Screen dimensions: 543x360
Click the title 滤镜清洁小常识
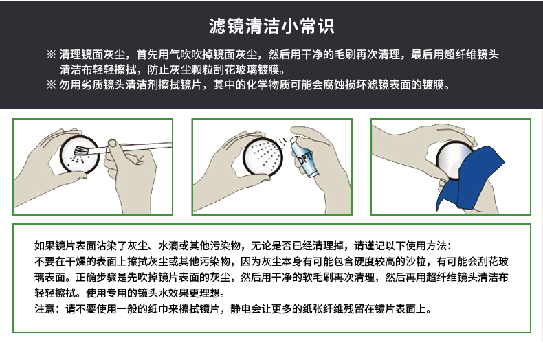click(x=271, y=26)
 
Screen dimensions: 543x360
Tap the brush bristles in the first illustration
click(x=82, y=151)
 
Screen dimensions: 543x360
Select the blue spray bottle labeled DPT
click(x=303, y=156)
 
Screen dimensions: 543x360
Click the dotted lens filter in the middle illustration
click(x=263, y=156)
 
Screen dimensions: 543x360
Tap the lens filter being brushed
click(x=80, y=155)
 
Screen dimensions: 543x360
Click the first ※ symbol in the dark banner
click(x=51, y=54)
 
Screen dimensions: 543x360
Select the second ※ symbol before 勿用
click(x=51, y=85)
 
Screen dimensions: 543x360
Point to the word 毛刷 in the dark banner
click(x=346, y=54)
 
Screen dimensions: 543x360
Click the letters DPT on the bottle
click(x=304, y=158)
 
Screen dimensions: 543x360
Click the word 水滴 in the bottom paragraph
click(x=168, y=245)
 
